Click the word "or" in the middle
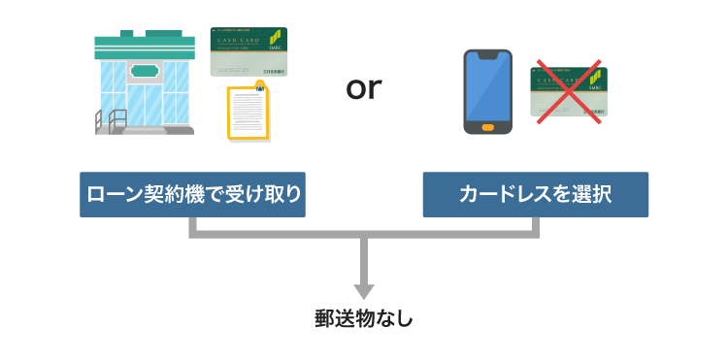pos(363,88)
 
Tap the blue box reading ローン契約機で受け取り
pos(192,194)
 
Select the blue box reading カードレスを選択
pos(535,194)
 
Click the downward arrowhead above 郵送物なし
pos(363,289)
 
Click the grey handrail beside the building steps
pos(109,120)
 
